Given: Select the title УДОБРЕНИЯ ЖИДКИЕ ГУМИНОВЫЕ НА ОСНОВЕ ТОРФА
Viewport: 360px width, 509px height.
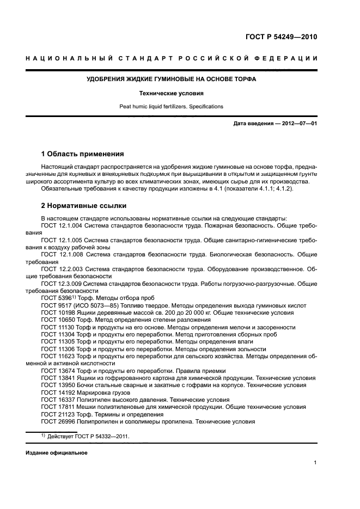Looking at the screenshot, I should (x=172, y=79).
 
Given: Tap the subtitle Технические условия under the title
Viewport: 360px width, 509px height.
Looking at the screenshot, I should (x=172, y=93).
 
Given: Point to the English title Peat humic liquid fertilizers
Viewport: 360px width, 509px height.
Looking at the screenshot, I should (x=172, y=107).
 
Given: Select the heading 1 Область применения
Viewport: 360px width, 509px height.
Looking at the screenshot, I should (x=83, y=154).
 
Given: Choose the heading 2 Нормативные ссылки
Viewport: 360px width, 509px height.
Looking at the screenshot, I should (x=84, y=206).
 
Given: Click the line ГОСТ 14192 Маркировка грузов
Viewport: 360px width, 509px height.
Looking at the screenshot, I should (x=82, y=392).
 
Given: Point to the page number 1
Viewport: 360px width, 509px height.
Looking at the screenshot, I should (x=315, y=463).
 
